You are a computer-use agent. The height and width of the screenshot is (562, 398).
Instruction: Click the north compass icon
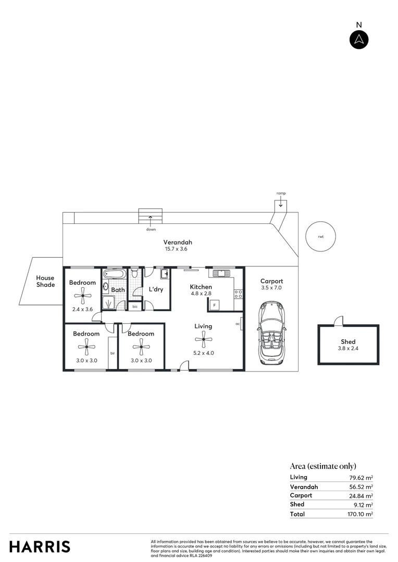pos(359,40)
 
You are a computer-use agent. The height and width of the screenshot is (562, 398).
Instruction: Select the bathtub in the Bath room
pos(114,273)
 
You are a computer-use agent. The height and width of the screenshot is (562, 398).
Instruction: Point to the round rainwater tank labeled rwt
pos(320,236)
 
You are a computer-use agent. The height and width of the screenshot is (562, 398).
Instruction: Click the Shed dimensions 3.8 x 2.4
pos(348,349)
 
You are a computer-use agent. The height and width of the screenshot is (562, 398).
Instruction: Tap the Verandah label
pos(178,242)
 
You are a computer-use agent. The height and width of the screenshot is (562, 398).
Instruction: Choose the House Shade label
pos(45,282)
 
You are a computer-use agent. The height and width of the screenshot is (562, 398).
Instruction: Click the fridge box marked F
pos(214,304)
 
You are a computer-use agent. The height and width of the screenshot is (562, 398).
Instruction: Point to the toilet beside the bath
pos(134,272)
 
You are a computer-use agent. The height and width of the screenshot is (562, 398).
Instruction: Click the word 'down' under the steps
pos(151,229)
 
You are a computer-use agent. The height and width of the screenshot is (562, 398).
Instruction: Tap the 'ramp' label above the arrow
pos(281,194)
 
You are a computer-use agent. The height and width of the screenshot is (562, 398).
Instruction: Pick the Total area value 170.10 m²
pos(361,514)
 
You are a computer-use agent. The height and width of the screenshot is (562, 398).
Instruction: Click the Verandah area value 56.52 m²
pos(361,487)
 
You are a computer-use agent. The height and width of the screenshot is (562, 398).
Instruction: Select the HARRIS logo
pos(40,546)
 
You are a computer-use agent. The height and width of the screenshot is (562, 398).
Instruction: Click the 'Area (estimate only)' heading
pos(323,466)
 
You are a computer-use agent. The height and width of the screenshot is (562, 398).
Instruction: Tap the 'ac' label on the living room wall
pos(238,323)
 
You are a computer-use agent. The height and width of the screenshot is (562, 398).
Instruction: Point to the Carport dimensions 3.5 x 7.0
pos(271,288)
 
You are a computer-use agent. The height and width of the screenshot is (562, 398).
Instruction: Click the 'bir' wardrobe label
pos(112,353)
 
